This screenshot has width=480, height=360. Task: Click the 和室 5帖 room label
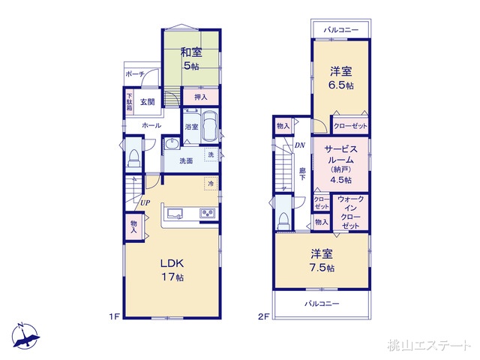pyautogui.click(x=190, y=58)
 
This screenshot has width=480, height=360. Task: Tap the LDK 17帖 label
pyautogui.click(x=172, y=270)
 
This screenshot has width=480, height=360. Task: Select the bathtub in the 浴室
pyautogui.click(x=209, y=127)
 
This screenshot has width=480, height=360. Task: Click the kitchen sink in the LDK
pyautogui.click(x=173, y=213)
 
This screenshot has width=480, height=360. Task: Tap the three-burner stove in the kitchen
pyautogui.click(x=208, y=213)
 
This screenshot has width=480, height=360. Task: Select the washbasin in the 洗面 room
pyautogui.click(x=172, y=143)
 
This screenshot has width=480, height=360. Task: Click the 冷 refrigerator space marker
pyautogui.click(x=211, y=183)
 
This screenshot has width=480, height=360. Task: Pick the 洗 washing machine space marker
pyautogui.click(x=211, y=154)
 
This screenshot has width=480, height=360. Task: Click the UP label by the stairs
pyautogui.click(x=145, y=202)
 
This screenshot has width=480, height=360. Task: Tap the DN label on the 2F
pyautogui.click(x=300, y=145)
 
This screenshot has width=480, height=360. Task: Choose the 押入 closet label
pyautogui.click(x=201, y=97)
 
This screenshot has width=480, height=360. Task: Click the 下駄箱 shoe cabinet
pyautogui.click(x=130, y=102)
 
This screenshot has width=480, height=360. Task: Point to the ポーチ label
pyautogui.click(x=135, y=74)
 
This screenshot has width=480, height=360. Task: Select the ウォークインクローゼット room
pyautogui.click(x=350, y=212)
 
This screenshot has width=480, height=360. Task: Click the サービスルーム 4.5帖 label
pyautogui.click(x=340, y=164)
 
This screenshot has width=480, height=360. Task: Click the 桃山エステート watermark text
pyautogui.click(x=428, y=345)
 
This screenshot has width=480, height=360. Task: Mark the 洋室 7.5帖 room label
pyautogui.click(x=322, y=260)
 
